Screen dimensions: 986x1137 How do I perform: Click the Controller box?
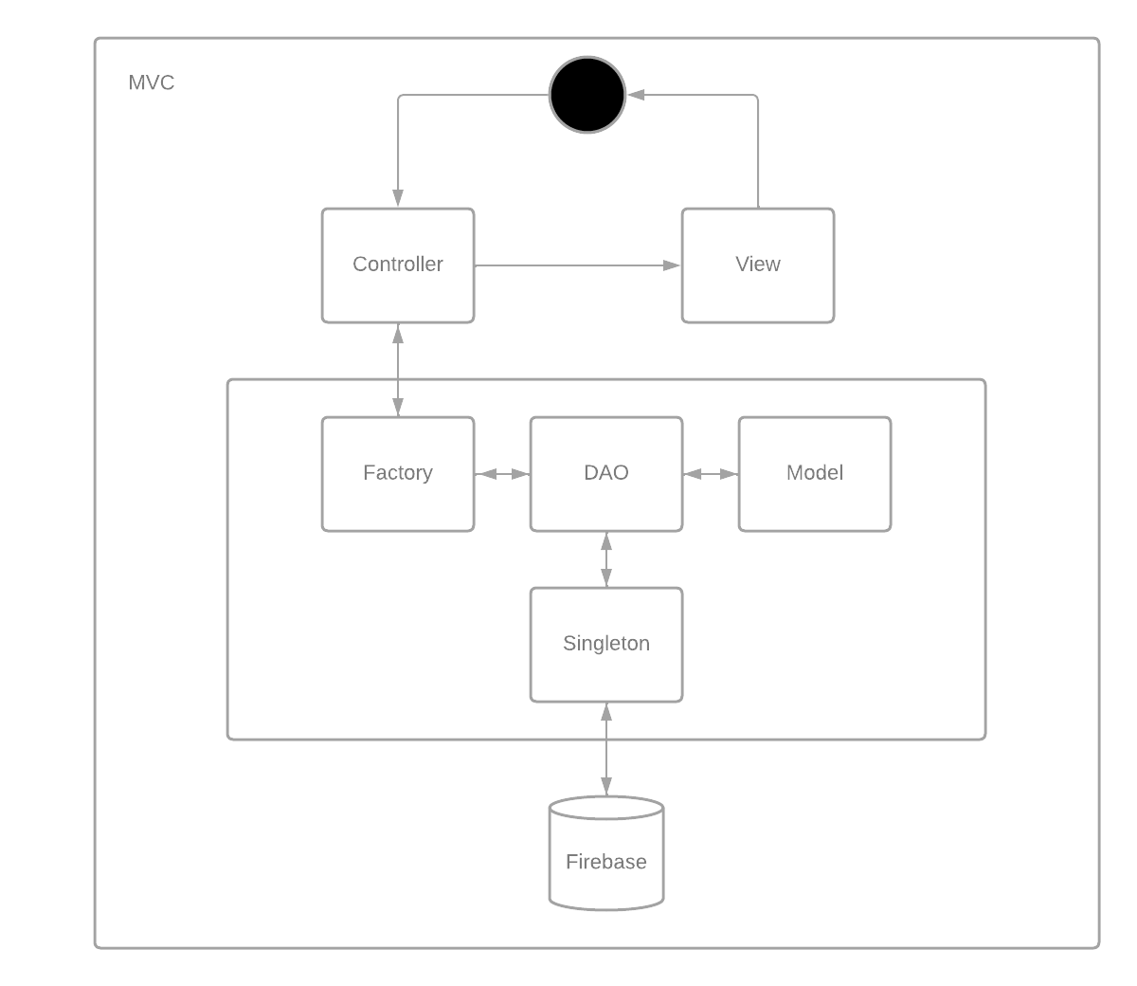click(398, 265)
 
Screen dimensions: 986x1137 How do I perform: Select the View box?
click(758, 265)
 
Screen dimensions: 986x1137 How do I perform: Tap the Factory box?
click(398, 474)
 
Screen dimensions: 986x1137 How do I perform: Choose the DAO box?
click(606, 474)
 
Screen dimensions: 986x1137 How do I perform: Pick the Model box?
click(815, 474)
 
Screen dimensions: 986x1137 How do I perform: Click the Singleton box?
click(606, 645)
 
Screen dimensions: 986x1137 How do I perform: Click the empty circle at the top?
click(587, 95)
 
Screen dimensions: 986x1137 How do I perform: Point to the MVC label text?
click(152, 83)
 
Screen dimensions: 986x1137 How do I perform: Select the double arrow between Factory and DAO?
click(502, 474)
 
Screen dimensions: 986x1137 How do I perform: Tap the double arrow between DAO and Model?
click(711, 474)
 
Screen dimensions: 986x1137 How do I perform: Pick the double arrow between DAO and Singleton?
click(606, 559)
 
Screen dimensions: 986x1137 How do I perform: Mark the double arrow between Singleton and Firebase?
click(606, 749)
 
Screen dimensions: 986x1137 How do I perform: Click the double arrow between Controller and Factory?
click(398, 370)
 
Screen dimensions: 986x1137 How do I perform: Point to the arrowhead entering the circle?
click(636, 95)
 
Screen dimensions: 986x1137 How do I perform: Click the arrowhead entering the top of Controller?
click(398, 199)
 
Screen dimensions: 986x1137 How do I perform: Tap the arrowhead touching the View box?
click(673, 265)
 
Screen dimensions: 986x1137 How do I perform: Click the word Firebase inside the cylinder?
click(606, 862)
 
